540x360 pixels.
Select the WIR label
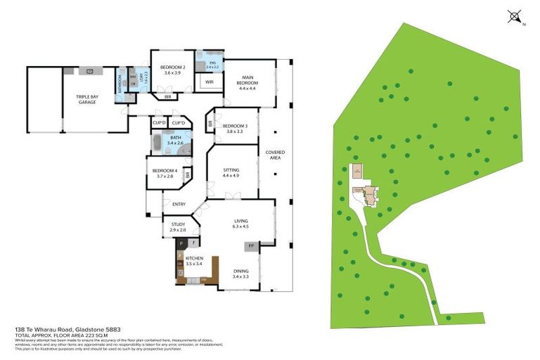210,82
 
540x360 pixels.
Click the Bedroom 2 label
172,67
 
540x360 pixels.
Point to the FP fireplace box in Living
250,246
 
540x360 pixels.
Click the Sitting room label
231,169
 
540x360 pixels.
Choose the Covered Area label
275,155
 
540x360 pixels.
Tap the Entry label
179,204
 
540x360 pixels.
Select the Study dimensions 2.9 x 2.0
179,230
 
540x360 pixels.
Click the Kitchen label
194,259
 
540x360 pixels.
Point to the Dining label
241,271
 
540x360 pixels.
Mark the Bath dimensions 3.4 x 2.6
175,143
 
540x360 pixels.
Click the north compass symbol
515,15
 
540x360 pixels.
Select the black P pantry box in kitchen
181,243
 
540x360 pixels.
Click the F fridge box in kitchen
193,243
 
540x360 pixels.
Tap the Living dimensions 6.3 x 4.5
241,226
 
